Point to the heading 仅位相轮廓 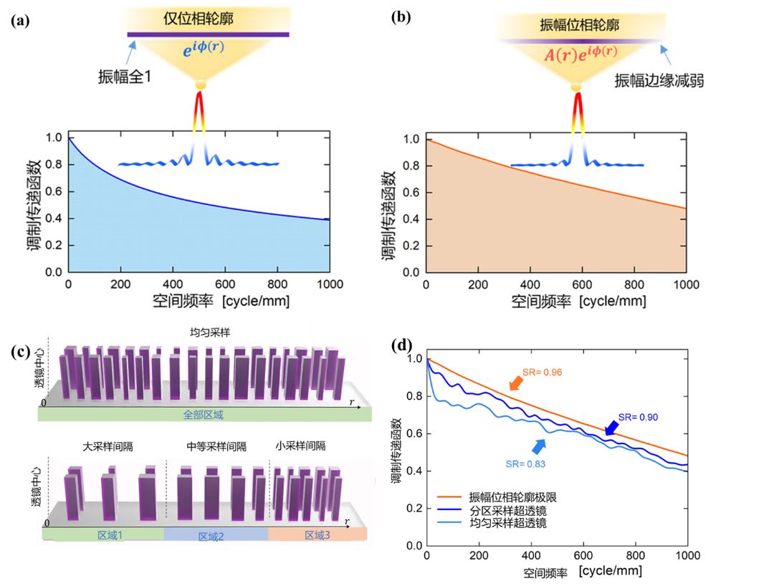coord(208,16)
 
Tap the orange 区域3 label coord(317,534)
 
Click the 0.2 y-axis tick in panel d coord(415,508)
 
